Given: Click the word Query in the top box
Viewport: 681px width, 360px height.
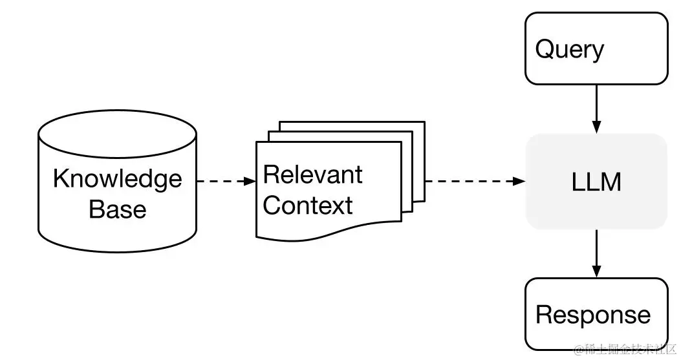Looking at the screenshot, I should (569, 50).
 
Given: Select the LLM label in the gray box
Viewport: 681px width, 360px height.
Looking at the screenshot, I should (596, 182).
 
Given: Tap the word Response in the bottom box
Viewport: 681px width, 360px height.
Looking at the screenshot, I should (593, 315).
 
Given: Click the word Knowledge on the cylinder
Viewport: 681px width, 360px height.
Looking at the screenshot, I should (117, 178).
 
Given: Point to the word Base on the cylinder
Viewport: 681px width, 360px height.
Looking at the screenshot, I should (117, 209).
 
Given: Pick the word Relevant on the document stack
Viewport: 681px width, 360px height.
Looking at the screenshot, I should (313, 175).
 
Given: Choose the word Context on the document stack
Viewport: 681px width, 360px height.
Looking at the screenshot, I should (308, 206).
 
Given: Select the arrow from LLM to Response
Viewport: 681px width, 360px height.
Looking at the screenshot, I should (596, 252).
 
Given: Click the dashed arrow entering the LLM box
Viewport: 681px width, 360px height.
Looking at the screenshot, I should (472, 182).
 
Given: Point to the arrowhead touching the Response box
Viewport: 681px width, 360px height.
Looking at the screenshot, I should (596, 271).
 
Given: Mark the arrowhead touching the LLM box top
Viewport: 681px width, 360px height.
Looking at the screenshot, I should (596, 127).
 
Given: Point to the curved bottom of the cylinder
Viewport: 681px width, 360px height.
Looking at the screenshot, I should (117, 249).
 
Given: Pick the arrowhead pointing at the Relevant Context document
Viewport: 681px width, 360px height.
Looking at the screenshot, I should (251, 182).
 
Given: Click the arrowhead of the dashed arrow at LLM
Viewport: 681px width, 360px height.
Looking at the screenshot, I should (519, 182).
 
